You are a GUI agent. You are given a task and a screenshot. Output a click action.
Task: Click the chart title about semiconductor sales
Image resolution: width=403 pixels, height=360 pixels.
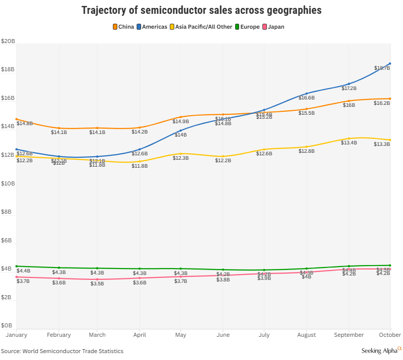[201, 10]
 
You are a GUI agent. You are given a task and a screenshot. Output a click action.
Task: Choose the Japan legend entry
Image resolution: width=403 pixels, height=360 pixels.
[273, 27]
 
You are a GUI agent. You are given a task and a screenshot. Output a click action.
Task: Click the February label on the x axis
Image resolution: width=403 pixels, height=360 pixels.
[59, 335]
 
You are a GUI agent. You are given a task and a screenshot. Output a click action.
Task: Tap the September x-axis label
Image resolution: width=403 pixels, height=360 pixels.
[349, 335]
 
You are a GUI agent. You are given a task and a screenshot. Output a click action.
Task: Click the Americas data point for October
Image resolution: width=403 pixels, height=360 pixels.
[390, 63]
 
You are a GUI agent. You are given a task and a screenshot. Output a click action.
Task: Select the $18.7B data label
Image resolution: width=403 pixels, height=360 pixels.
[382, 68]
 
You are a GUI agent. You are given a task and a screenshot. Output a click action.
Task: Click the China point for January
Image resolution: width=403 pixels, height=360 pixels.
[16, 119]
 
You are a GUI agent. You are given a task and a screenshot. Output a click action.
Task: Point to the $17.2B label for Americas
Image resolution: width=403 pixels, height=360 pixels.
[349, 89]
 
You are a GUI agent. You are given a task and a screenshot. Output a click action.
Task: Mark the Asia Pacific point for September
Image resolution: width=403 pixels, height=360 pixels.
[349, 138]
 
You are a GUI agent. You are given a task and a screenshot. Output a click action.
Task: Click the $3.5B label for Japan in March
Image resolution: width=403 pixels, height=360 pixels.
[97, 284]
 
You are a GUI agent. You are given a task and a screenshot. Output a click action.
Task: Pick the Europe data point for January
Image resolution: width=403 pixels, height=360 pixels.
[16, 266]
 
